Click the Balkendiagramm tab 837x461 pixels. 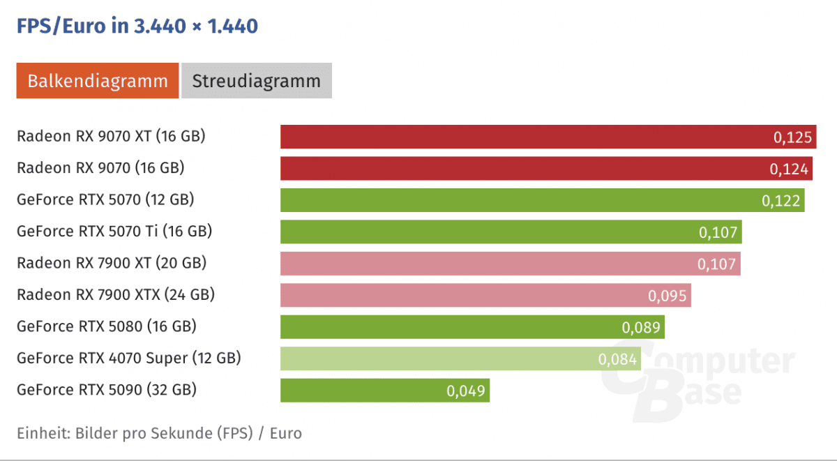pyautogui.click(x=98, y=81)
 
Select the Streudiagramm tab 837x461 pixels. pyautogui.click(x=257, y=81)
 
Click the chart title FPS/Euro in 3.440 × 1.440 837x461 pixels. pyautogui.click(x=137, y=27)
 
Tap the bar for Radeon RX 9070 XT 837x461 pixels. pyautogui.click(x=523, y=137)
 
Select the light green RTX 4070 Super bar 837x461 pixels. pyautogui.click(x=432, y=358)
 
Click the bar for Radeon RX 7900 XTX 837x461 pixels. pyautogui.click(x=460, y=295)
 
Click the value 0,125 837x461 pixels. pyautogui.click(x=793, y=137)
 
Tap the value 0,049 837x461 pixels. pyautogui.click(x=465, y=391)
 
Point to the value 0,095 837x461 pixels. pyautogui.click(x=668, y=296)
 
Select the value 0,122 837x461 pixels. pyautogui.click(x=781, y=201)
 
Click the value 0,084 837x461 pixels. pyautogui.click(x=617, y=359)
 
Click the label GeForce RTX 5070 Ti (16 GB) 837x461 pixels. pyautogui.click(x=114, y=232)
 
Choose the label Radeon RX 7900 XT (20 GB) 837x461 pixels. pyautogui.click(x=112, y=263)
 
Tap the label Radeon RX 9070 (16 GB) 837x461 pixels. pyautogui.click(x=100, y=168)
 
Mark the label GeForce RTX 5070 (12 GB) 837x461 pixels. pyautogui.click(x=105, y=200)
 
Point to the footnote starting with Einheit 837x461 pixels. pyautogui.click(x=159, y=433)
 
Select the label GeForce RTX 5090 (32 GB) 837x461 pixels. pyautogui.click(x=107, y=390)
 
